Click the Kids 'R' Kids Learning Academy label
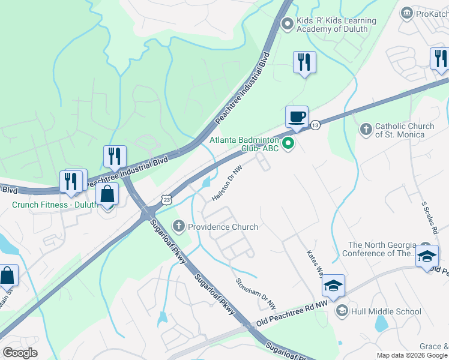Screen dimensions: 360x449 [x=336, y=25]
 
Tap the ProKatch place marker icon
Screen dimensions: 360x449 [x=407, y=13]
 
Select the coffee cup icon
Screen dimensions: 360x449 [x=296, y=117]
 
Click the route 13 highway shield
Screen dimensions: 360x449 [x=315, y=125]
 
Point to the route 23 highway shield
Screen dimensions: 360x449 [x=166, y=199]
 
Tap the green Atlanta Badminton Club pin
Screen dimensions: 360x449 [x=288, y=143]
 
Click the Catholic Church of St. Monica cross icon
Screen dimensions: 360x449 [x=366, y=129]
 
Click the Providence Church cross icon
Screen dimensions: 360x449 [x=178, y=227]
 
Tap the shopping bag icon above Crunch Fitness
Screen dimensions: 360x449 [x=107, y=195]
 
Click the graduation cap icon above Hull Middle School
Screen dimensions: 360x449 [x=333, y=286]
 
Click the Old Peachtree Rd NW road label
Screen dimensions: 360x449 [x=292, y=314]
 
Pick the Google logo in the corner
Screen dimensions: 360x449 [x=20, y=353]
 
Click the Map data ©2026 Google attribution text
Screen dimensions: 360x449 [x=411, y=355]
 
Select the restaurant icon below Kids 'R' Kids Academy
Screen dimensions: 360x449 [x=304, y=62]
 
